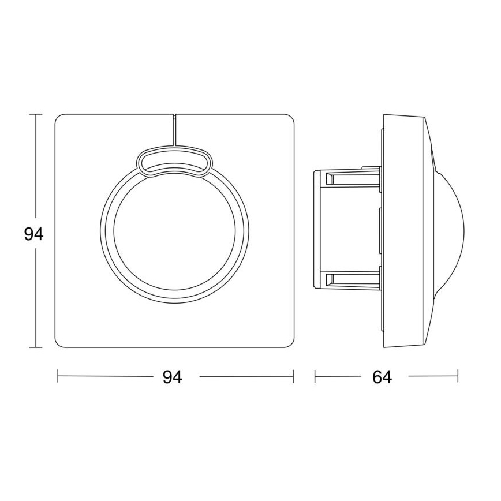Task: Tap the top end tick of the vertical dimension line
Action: pyautogui.click(x=37, y=115)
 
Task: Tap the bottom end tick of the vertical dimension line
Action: pyautogui.click(x=37, y=347)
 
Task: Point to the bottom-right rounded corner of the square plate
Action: pyautogui.click(x=289, y=344)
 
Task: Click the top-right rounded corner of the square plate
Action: pyautogui.click(x=289, y=119)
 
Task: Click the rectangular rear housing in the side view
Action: pyautogui.click(x=346, y=228)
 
